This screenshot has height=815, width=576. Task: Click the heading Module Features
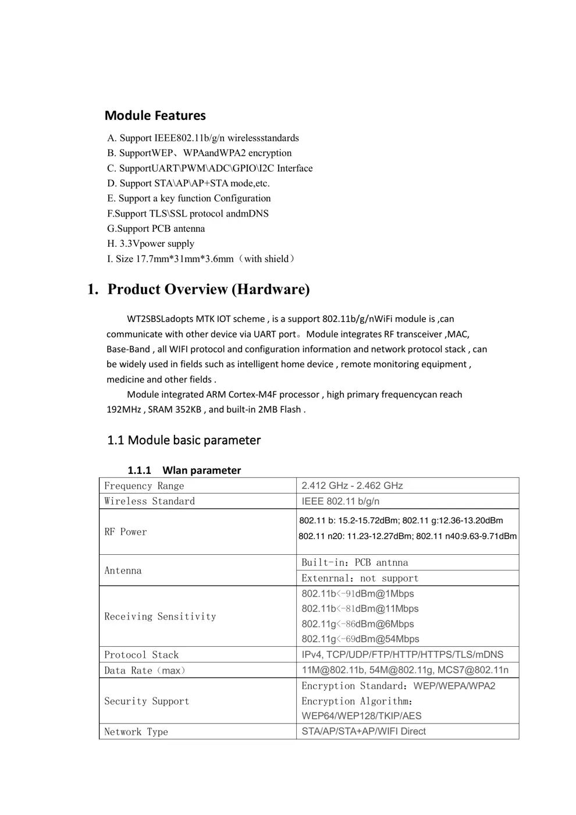155,115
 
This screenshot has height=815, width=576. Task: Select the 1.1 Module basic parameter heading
184,440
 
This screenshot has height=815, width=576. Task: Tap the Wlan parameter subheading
201,470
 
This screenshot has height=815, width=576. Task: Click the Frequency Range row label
144,486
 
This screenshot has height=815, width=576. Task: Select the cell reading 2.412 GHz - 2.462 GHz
352,486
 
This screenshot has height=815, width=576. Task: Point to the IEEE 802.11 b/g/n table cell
340,501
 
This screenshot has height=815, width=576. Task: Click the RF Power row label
126,532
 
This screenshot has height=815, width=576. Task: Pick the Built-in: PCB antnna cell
355,563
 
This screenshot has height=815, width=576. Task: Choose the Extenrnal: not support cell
360,578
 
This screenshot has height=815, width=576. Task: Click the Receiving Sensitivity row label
160,616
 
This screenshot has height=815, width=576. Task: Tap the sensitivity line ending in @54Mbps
360,639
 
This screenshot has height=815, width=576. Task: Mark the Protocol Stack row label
141,655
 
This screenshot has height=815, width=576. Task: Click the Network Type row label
136,732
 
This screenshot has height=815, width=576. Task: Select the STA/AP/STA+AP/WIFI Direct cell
364,731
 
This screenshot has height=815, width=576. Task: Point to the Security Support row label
147,701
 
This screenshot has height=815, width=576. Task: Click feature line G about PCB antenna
156,229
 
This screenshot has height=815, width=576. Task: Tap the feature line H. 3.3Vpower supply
151,244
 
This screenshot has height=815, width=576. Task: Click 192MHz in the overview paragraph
123,409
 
